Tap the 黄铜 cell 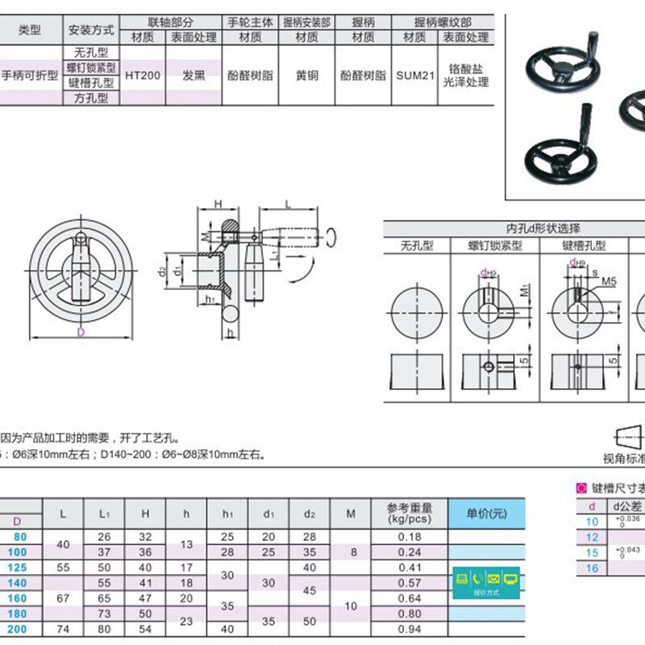point(306,76)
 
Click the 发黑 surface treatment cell point(193,76)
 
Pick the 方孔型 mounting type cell point(90,98)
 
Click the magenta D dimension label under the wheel point(81,332)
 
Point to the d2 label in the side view point(163,269)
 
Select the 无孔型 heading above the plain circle point(417,245)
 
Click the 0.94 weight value point(410,628)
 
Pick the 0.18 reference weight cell point(410,537)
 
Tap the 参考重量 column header point(410,508)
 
